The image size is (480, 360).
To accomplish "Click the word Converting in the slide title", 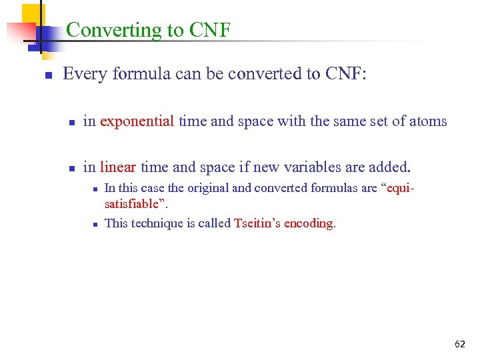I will click(101, 30).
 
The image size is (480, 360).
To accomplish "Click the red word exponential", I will click(137, 121).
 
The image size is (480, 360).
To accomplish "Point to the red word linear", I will click(118, 167).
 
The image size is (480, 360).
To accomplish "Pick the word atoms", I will click(427, 121).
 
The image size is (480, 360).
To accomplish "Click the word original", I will click(188, 188).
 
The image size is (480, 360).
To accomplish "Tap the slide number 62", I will click(459, 344).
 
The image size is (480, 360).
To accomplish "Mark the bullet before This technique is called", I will click(96, 224).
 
